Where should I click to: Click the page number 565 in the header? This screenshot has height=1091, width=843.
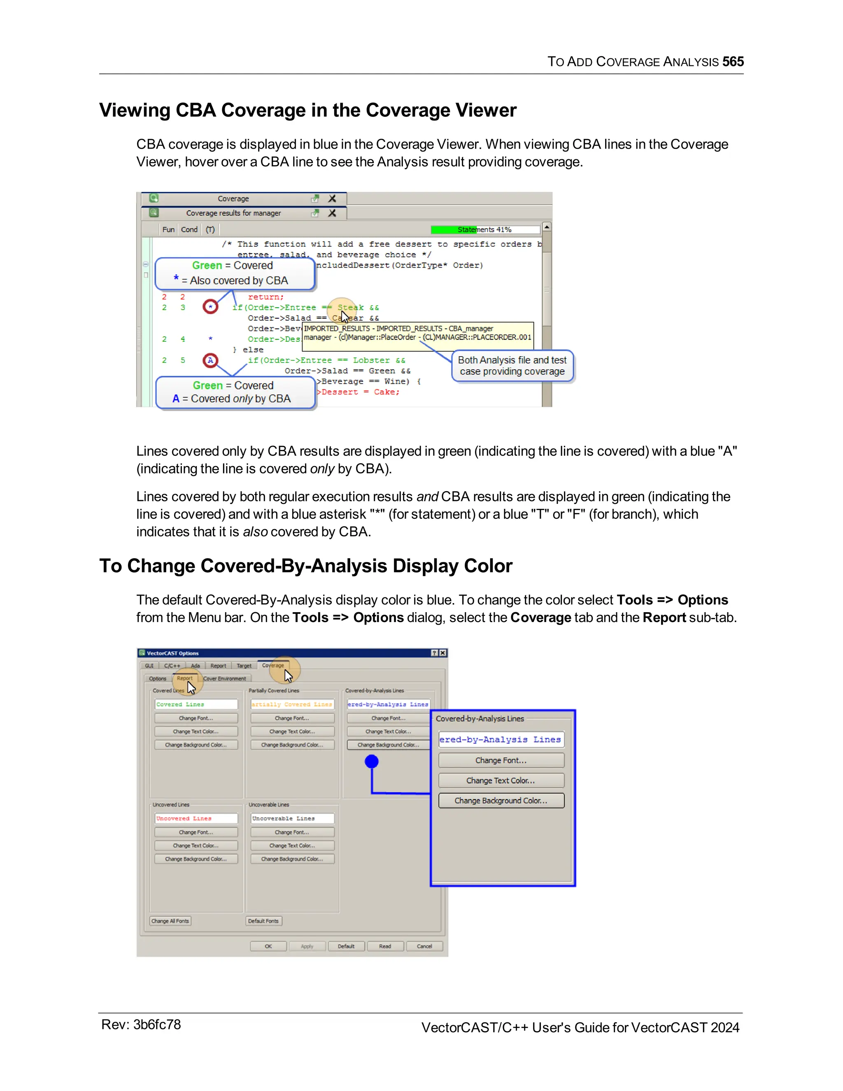pos(733,61)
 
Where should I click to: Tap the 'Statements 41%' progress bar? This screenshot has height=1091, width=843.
pos(485,229)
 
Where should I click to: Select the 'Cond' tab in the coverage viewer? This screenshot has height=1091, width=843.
pos(189,229)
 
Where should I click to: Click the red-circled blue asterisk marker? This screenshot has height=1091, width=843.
pos(211,307)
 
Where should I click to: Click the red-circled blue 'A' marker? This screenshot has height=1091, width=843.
pos(210,360)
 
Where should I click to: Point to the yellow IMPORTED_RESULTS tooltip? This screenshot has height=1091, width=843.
pos(417,333)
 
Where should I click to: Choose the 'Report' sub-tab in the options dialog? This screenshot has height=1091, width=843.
pos(184,678)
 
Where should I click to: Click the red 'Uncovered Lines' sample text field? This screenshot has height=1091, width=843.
pos(196,818)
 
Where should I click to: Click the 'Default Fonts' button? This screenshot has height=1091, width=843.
pos(263,921)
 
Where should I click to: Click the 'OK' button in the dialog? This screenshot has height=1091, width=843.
pos(268,946)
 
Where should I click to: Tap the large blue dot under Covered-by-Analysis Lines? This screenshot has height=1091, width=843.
pos(372,761)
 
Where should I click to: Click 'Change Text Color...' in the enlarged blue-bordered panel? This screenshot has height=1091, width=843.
pos(501,780)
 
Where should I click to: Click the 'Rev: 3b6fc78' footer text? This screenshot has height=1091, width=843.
pos(141,1025)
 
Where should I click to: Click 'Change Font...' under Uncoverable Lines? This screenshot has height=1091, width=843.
pos(292,832)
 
